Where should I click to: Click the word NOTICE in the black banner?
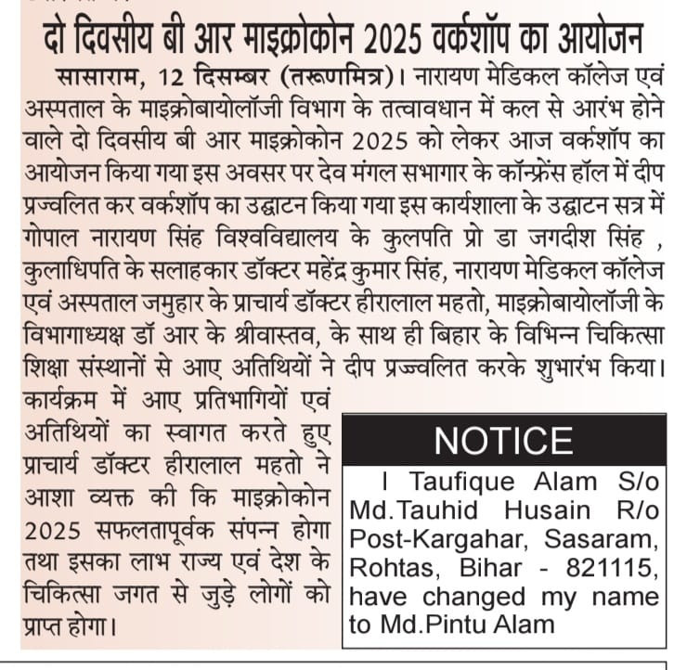(503, 440)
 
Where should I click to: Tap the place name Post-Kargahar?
(428, 539)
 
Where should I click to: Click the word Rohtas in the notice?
(393, 568)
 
